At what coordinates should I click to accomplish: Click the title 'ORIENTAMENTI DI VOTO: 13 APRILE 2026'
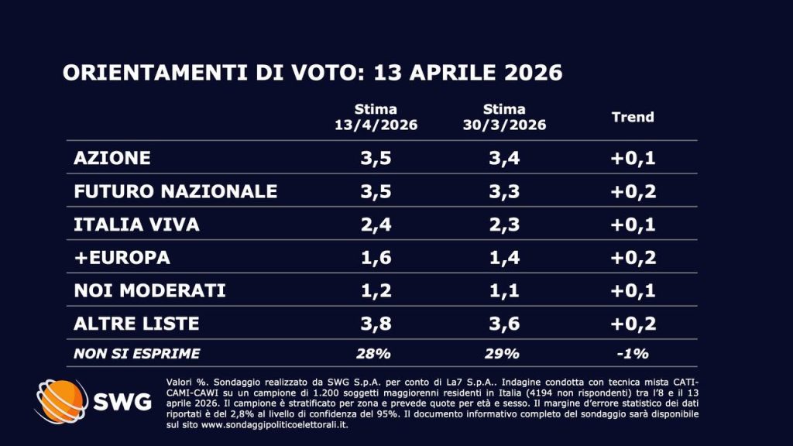coord(311,73)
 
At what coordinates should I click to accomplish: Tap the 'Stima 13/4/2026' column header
coord(376,118)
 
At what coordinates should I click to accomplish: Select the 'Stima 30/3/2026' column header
coord(503,118)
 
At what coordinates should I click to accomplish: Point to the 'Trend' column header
coord(633,118)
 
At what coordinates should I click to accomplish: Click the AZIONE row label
coord(112,158)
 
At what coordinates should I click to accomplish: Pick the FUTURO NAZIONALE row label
coord(175,191)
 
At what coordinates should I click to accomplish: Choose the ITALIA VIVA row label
coord(136,225)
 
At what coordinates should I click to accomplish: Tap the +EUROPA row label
coord(122,257)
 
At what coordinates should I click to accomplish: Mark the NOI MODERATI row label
coord(149,290)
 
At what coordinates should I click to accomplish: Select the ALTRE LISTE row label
coord(136,324)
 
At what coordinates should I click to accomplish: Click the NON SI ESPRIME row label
coord(136,354)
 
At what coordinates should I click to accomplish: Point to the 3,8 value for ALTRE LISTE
coord(376,324)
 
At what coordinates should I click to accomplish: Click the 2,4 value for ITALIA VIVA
coord(376,225)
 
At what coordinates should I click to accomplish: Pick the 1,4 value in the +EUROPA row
coord(503,257)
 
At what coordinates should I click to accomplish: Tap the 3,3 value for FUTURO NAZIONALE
coord(503,191)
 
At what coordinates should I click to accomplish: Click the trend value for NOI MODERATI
coord(633,290)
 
